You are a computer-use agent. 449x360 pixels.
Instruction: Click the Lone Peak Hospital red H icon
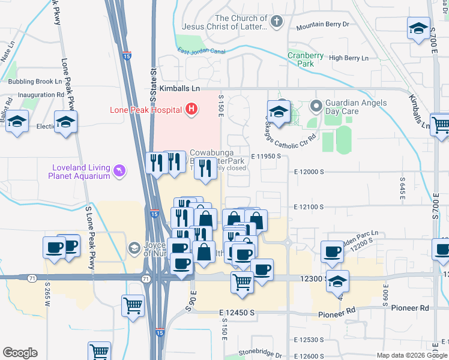191,109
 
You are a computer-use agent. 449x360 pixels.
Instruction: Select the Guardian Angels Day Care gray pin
316,107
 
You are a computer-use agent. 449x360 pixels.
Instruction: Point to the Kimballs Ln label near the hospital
179,88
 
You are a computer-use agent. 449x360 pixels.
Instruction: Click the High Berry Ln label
349,58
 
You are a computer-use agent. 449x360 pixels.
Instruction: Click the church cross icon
276,23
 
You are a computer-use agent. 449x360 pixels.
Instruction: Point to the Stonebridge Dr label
260,353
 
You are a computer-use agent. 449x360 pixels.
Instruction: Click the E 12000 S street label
309,171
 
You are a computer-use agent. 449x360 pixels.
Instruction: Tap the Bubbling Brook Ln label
34,81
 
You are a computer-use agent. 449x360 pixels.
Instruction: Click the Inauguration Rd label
41,95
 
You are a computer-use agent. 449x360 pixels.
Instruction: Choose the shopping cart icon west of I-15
133,305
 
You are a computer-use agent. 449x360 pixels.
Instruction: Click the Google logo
20,353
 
